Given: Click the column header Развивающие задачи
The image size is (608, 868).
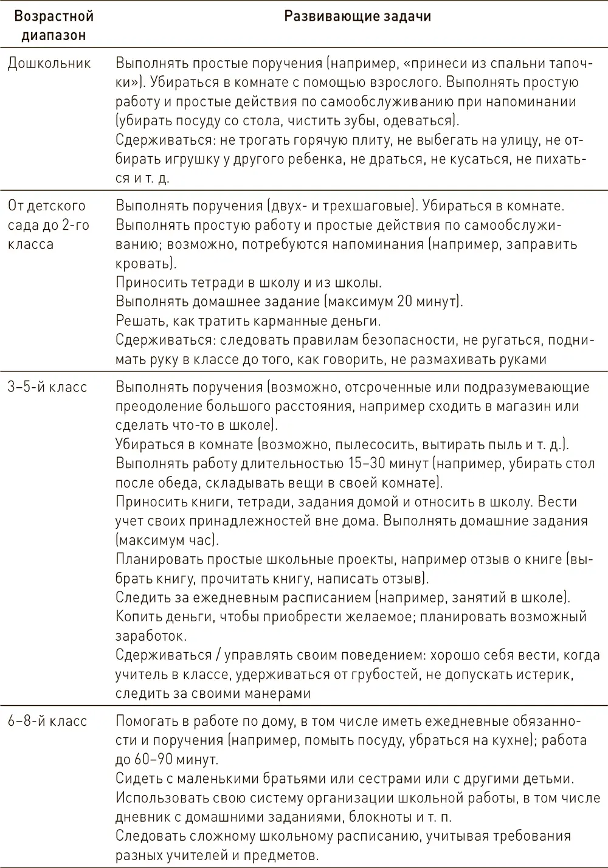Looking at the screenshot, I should (x=358, y=16).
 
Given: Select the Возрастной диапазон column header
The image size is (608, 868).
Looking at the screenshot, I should (x=54, y=26).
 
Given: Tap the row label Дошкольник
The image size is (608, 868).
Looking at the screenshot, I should (x=49, y=63).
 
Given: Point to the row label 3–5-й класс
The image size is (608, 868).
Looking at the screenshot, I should (x=47, y=387).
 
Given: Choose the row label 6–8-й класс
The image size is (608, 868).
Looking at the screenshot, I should (x=47, y=722).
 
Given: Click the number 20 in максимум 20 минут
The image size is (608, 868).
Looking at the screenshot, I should (x=407, y=301).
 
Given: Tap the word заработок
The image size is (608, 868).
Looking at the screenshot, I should (x=149, y=636).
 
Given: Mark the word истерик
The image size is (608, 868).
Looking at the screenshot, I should (x=544, y=675).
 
